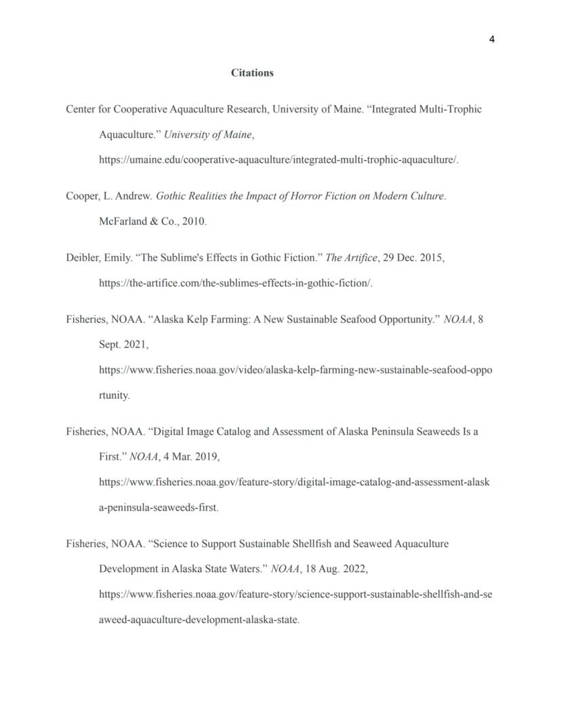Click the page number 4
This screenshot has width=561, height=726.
pyautogui.click(x=491, y=39)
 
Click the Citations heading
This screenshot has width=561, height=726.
pyautogui.click(x=252, y=73)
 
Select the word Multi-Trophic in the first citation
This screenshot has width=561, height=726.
pyautogui.click(x=451, y=109)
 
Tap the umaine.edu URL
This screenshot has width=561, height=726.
pyautogui.click(x=278, y=160)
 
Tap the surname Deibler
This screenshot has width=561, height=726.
pyautogui.click(x=82, y=258)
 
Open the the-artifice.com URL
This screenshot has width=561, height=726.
pyautogui.click(x=235, y=283)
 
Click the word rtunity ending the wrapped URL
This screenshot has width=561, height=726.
pyautogui.click(x=114, y=396)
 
